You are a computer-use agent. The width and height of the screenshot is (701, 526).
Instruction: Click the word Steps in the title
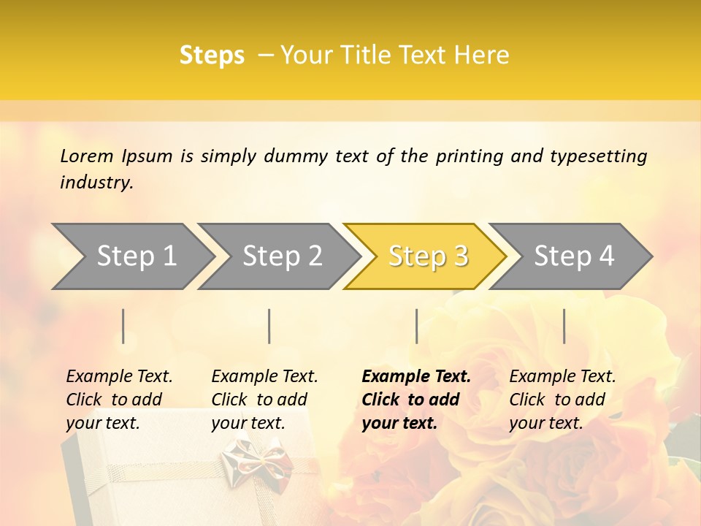[212, 56]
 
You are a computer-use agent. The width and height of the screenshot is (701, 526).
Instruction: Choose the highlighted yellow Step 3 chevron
[428, 256]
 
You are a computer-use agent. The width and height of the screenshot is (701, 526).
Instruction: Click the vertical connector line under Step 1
[123, 326]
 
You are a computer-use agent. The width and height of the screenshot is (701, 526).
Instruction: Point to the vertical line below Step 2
[269, 326]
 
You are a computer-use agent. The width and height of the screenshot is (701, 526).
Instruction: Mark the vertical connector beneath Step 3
[416, 326]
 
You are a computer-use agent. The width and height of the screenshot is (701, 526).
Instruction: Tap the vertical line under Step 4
[564, 326]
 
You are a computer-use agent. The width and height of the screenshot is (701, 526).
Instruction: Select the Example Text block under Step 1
[119, 400]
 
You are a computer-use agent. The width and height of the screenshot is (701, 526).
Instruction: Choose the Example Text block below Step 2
[264, 400]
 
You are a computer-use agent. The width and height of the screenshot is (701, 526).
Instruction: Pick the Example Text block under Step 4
[562, 400]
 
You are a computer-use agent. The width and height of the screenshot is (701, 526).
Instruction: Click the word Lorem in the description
[87, 156]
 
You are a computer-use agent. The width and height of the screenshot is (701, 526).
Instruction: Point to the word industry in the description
[96, 183]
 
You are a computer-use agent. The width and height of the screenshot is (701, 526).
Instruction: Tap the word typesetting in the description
[598, 156]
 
